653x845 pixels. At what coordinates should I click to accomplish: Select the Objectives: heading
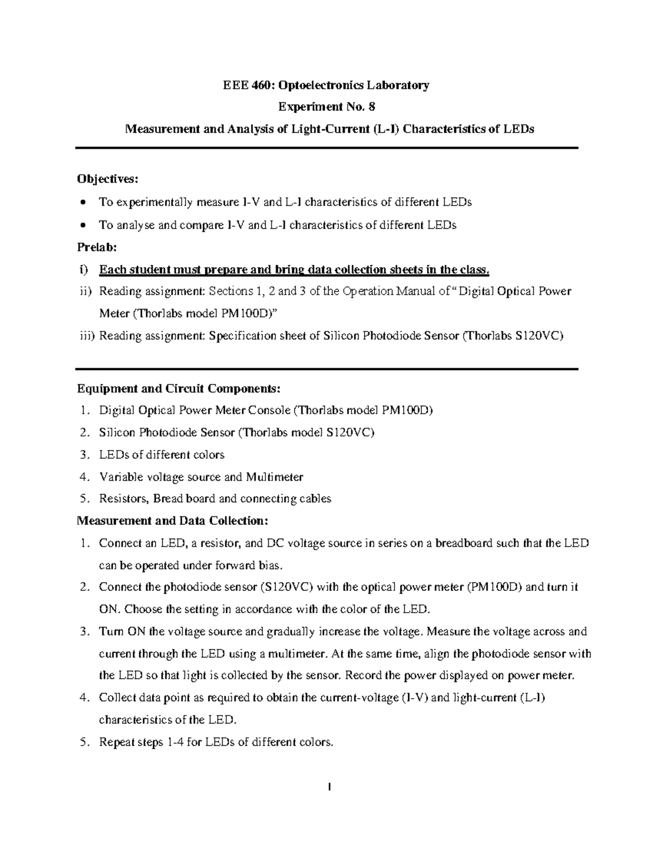point(108,179)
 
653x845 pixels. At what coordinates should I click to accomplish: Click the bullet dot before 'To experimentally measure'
point(82,203)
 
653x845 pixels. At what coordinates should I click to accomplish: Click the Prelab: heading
point(97,247)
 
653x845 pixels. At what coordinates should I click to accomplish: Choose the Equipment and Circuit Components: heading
point(179,388)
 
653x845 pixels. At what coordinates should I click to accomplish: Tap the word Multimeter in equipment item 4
point(274,477)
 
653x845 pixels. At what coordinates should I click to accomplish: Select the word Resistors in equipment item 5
point(124,498)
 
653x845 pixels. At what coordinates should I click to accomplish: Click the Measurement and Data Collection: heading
point(173,521)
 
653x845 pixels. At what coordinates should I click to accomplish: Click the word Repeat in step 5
point(116,742)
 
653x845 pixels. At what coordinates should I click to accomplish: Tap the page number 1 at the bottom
point(329,787)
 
